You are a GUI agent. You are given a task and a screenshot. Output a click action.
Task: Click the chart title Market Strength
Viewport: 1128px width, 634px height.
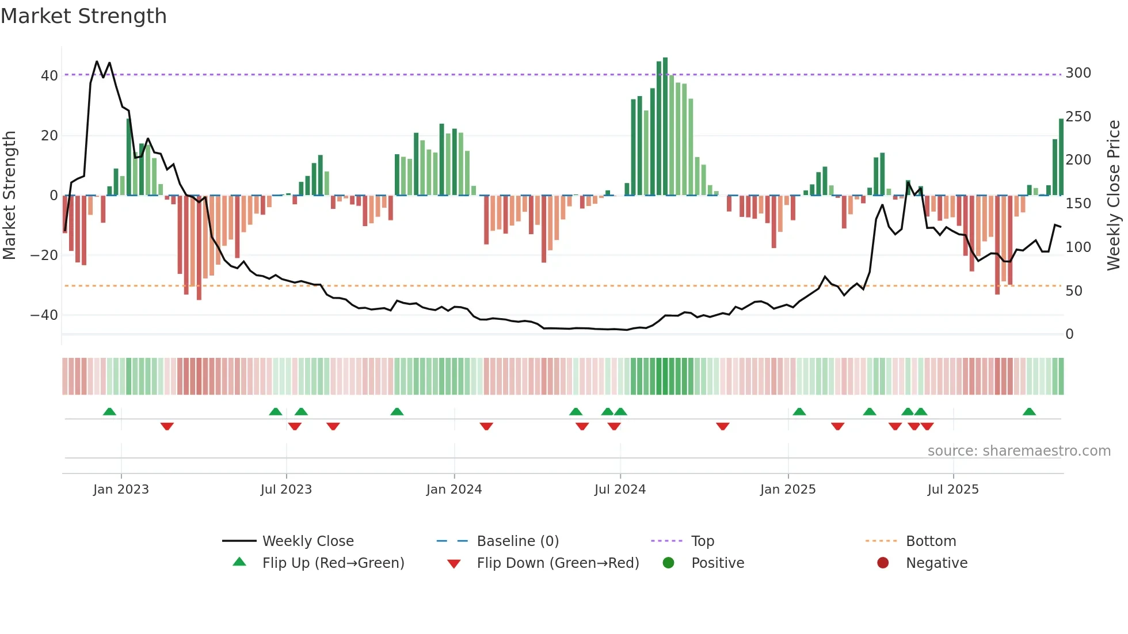coord(83,16)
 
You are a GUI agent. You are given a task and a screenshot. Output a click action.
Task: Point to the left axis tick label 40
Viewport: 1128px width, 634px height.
coord(49,75)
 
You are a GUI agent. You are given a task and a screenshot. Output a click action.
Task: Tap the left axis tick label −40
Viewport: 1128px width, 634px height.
coord(44,315)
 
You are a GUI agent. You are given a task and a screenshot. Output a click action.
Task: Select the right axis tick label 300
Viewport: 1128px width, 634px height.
coord(1078,73)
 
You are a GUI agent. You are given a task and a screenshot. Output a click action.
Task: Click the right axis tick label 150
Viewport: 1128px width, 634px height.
coord(1078,203)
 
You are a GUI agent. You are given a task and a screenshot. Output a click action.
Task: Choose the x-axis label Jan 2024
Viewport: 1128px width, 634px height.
coord(454,490)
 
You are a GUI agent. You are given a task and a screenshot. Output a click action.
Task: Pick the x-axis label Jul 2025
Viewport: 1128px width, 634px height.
coord(952,490)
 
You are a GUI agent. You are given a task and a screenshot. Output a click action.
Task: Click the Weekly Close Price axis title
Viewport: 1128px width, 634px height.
coord(1114,195)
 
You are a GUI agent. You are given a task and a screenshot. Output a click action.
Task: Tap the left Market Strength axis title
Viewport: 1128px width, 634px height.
coord(10,195)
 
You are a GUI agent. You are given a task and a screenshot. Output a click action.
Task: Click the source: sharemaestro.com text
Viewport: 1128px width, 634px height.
coord(1019,451)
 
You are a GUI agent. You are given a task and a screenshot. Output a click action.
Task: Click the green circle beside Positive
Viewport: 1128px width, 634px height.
coord(668,563)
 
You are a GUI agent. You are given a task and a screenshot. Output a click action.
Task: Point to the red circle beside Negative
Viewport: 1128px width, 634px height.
coord(883,563)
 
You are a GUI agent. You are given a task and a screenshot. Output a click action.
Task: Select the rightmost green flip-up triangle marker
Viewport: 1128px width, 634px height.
coord(1029,411)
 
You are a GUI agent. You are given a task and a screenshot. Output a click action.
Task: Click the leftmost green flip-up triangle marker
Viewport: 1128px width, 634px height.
coord(109,411)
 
